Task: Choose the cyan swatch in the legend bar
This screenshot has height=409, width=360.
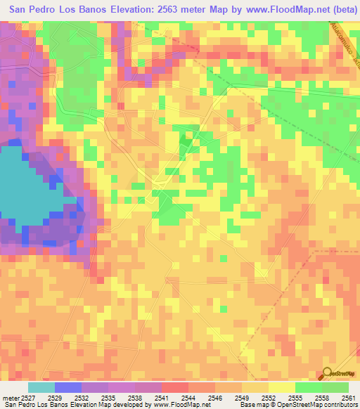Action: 41,387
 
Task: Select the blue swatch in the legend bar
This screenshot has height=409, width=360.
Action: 68,387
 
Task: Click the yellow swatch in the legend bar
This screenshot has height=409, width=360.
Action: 281,387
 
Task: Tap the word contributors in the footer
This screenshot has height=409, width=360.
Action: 338,405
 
